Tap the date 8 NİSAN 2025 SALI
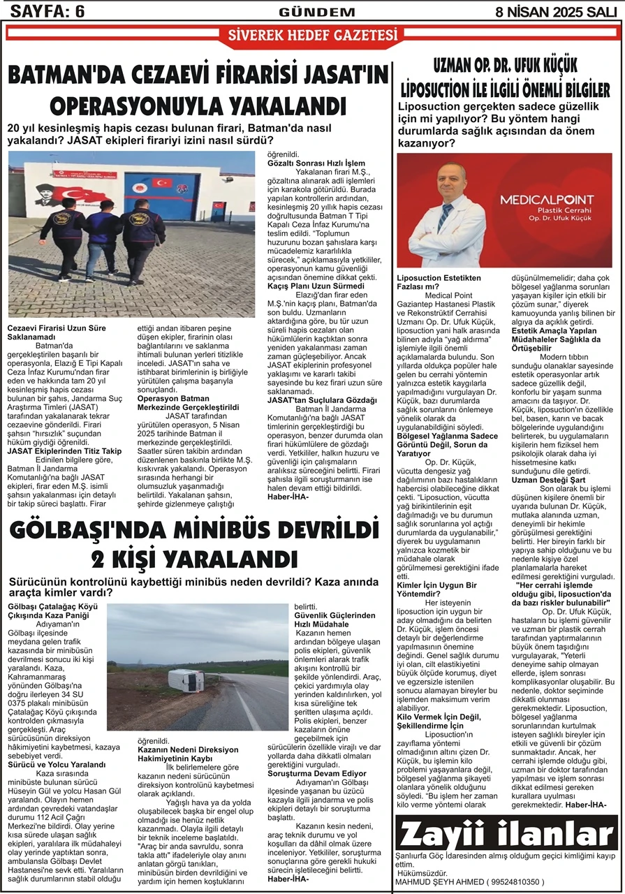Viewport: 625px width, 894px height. (x=558, y=11)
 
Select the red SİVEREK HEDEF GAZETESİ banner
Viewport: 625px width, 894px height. (x=311, y=36)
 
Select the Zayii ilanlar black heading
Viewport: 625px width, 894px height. (x=507, y=834)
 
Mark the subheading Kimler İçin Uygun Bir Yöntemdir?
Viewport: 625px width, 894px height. (x=436, y=589)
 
